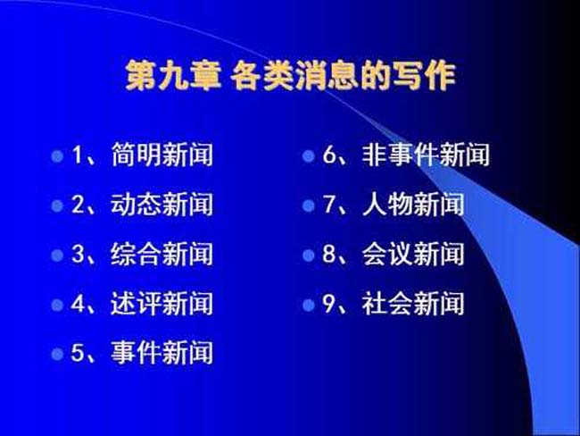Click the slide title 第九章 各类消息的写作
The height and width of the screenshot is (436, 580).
(x=290, y=76)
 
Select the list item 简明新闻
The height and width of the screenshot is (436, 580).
(x=162, y=155)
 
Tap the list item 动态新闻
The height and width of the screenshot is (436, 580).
(x=162, y=204)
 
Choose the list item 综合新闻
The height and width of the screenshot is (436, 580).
(x=162, y=254)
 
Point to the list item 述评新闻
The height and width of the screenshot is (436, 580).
(x=162, y=304)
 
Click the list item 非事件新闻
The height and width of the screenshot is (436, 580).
(x=427, y=155)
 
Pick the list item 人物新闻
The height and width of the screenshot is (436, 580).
(x=413, y=204)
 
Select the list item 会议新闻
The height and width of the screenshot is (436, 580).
(x=413, y=254)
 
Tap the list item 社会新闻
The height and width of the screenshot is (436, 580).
(x=413, y=304)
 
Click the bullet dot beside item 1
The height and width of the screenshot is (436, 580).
(x=57, y=156)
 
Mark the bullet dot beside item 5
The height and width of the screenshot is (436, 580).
(x=57, y=354)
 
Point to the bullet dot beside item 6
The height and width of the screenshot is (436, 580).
(x=309, y=156)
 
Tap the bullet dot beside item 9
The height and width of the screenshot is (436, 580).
(x=309, y=306)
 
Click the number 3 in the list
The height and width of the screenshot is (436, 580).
(x=78, y=254)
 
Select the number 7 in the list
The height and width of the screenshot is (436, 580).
(x=329, y=204)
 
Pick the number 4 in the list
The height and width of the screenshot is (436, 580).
(x=78, y=304)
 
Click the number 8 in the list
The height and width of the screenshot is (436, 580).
(x=329, y=254)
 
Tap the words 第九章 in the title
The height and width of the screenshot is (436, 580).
(x=173, y=76)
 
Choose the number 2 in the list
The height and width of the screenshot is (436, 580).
(x=78, y=204)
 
